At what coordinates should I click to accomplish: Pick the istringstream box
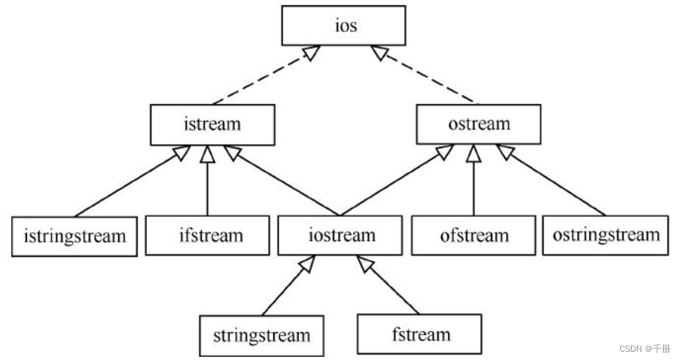(x=75, y=236)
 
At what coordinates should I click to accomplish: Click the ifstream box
(x=208, y=236)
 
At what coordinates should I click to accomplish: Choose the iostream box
(x=341, y=236)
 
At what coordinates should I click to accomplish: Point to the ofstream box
(x=474, y=236)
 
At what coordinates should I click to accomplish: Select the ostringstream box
(x=605, y=236)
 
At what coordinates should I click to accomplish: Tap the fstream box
(x=419, y=334)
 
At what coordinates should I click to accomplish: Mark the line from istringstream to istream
(x=124, y=185)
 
